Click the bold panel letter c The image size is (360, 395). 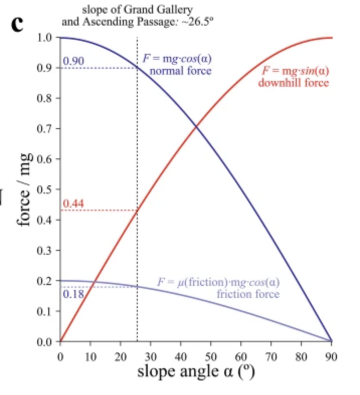point(17,24)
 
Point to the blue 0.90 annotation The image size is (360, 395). point(73,61)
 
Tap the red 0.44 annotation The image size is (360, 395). point(73,204)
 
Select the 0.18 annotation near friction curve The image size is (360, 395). point(73,294)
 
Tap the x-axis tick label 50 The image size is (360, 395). point(211,357)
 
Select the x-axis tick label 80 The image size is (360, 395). point(301,357)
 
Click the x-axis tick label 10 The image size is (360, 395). point(91,357)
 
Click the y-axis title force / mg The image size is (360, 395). point(24,189)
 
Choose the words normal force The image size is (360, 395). point(181,71)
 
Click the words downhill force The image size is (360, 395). point(294,83)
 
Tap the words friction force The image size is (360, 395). point(248,294)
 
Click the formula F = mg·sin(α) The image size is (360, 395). point(296,71)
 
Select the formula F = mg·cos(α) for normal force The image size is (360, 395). point(177,59)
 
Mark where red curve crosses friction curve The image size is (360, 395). point(95,281)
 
